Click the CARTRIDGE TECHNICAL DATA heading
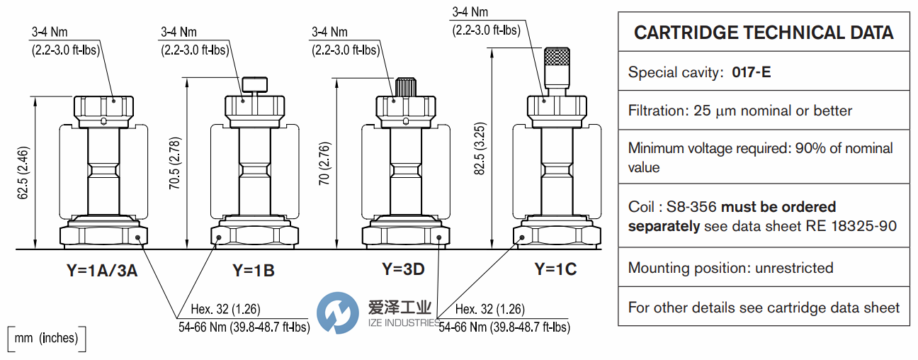pyautogui.click(x=764, y=33)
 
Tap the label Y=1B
pyautogui.click(x=253, y=270)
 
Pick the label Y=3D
pyautogui.click(x=403, y=269)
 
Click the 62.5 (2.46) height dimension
pyautogui.click(x=23, y=174)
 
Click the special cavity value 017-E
pyautogui.click(x=751, y=72)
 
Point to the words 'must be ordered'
pyautogui.click(x=778, y=207)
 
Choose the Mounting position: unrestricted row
pyautogui.click(x=730, y=268)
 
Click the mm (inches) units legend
pyautogui.click(x=46, y=338)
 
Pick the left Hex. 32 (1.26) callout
pyautogui.click(x=226, y=309)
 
